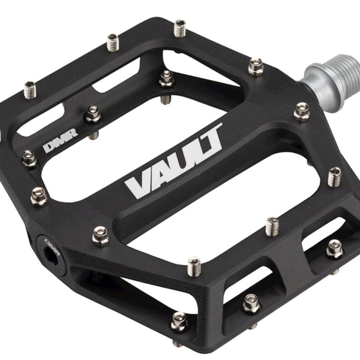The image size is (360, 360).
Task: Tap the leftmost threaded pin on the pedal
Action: (x=30, y=90)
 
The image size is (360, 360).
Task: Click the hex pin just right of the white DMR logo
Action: (x=93, y=115)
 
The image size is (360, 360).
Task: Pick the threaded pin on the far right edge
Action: (x=334, y=176)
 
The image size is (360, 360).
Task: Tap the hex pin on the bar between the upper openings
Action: (x=167, y=79)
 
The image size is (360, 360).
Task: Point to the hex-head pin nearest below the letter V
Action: (x=101, y=236)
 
